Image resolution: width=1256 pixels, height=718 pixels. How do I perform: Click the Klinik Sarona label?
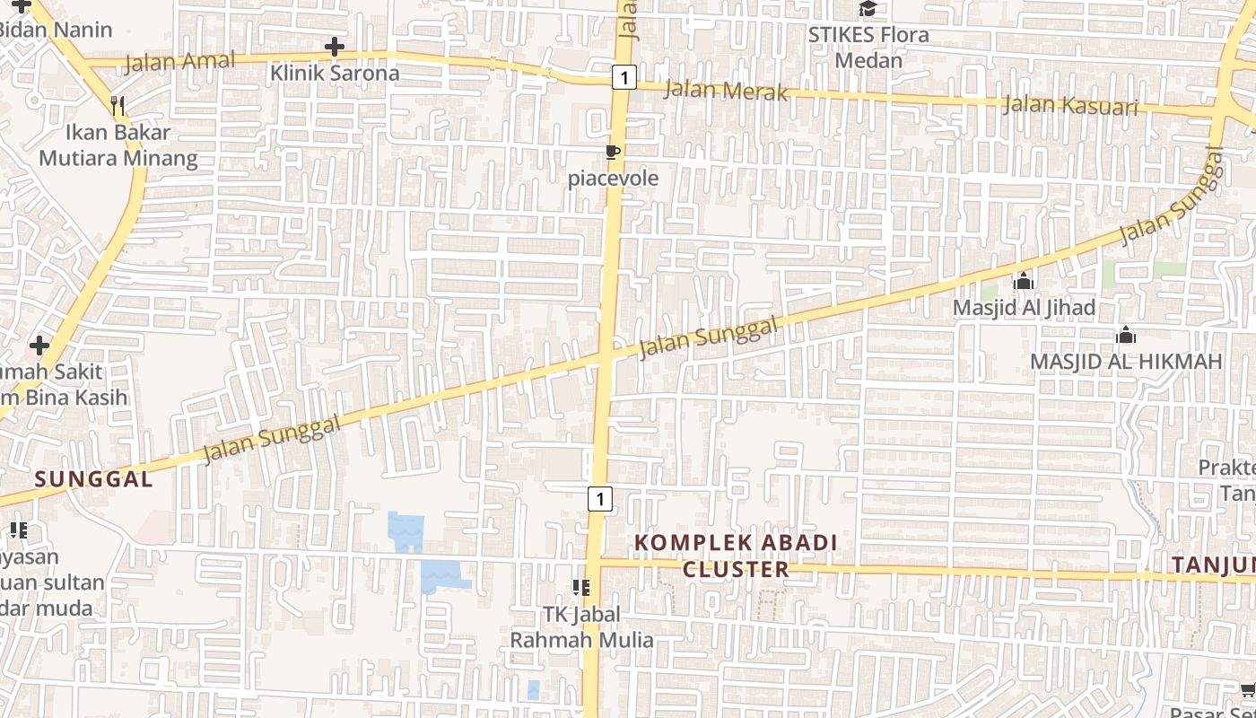[335, 73]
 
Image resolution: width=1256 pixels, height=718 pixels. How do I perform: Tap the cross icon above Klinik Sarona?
[335, 47]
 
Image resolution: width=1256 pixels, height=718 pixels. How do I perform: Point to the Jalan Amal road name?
[180, 62]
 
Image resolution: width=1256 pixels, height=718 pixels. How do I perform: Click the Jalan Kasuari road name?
[1069, 105]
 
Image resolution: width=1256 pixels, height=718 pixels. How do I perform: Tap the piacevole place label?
[613, 178]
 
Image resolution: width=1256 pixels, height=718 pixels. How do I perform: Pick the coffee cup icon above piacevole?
[613, 152]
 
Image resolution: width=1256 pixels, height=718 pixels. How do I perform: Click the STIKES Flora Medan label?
[868, 48]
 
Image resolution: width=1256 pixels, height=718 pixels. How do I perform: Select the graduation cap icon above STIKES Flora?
[868, 9]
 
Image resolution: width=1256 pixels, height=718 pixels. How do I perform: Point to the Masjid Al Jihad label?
[1024, 308]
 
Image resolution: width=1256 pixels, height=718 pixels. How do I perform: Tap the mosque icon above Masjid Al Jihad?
[1024, 282]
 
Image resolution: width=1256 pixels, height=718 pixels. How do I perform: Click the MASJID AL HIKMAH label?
[1126, 362]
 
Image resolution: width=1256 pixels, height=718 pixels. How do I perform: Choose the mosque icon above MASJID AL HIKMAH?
[1126, 336]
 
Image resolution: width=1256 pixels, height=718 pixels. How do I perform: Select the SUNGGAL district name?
[94, 479]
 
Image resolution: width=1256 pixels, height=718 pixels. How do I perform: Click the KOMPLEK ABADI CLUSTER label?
[736, 556]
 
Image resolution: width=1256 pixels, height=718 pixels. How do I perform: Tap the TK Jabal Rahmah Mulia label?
[581, 627]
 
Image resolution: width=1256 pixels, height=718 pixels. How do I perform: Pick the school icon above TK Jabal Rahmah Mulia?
[581, 588]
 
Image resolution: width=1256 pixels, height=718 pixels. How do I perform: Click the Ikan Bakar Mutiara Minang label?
[118, 145]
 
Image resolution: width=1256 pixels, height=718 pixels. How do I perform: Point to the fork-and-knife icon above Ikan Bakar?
[118, 106]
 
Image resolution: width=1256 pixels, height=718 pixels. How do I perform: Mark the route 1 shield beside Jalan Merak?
[624, 77]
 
